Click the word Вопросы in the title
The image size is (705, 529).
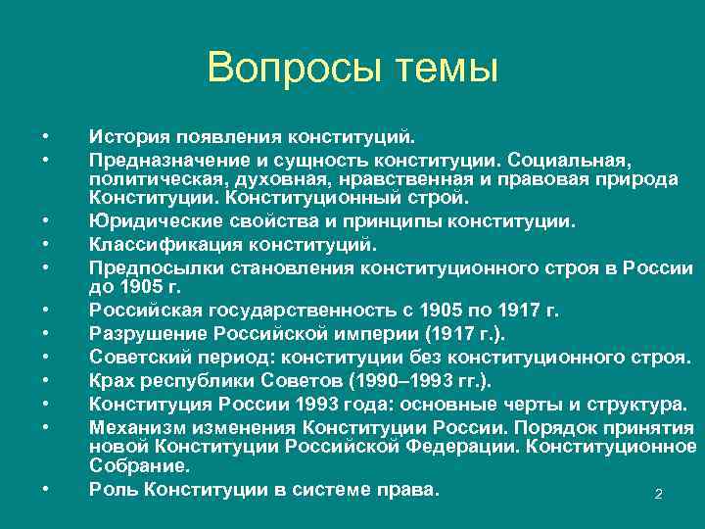[285, 70]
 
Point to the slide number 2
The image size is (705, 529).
[658, 494]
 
